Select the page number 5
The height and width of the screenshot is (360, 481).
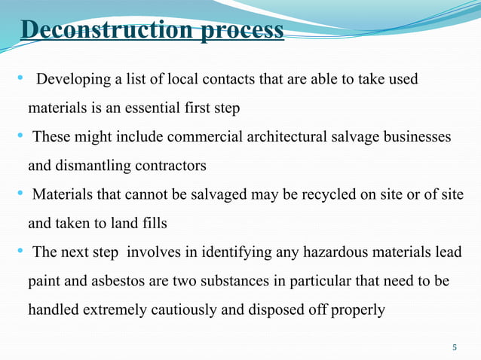(454, 347)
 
